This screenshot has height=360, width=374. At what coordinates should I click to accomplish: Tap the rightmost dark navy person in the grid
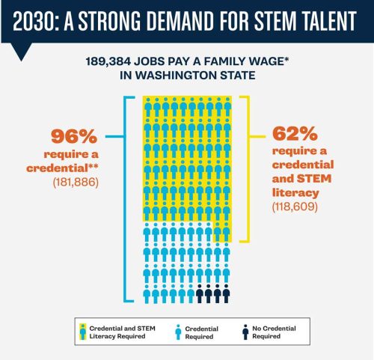click(x=227, y=294)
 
